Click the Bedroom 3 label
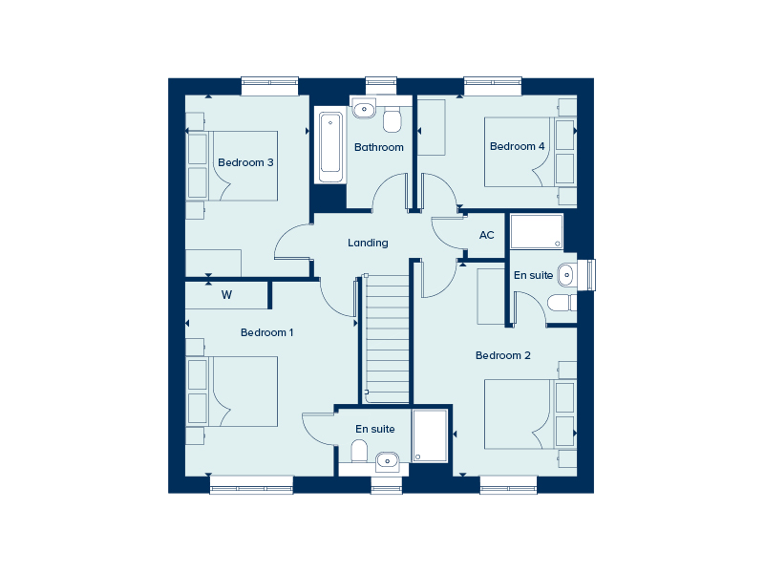(x=245, y=162)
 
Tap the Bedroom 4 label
(x=517, y=146)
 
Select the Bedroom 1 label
(x=266, y=332)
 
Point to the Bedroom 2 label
(x=503, y=355)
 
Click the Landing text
(x=368, y=243)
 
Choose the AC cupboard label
(x=486, y=235)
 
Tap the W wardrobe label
(x=226, y=295)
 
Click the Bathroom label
(x=379, y=147)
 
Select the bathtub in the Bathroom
(x=330, y=147)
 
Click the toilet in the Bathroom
(x=392, y=120)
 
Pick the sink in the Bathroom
(x=364, y=110)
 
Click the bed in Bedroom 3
(x=234, y=165)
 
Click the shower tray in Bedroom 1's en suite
(x=430, y=436)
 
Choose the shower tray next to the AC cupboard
(x=537, y=232)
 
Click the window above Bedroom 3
(x=270, y=85)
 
